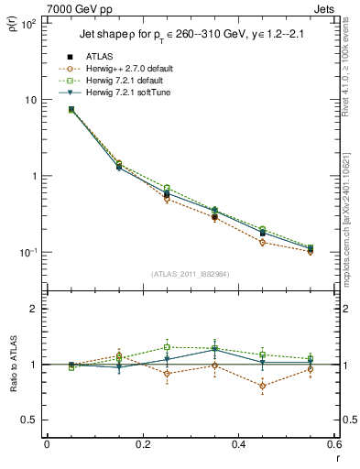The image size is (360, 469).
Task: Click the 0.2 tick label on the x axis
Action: [142, 444]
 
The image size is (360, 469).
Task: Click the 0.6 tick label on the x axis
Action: [334, 444]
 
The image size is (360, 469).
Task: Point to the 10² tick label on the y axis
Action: [27, 23]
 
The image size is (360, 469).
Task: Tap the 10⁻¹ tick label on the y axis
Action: [27, 252]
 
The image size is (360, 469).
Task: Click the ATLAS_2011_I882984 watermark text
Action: [191, 273]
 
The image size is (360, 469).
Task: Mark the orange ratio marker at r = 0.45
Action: [263, 386]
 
